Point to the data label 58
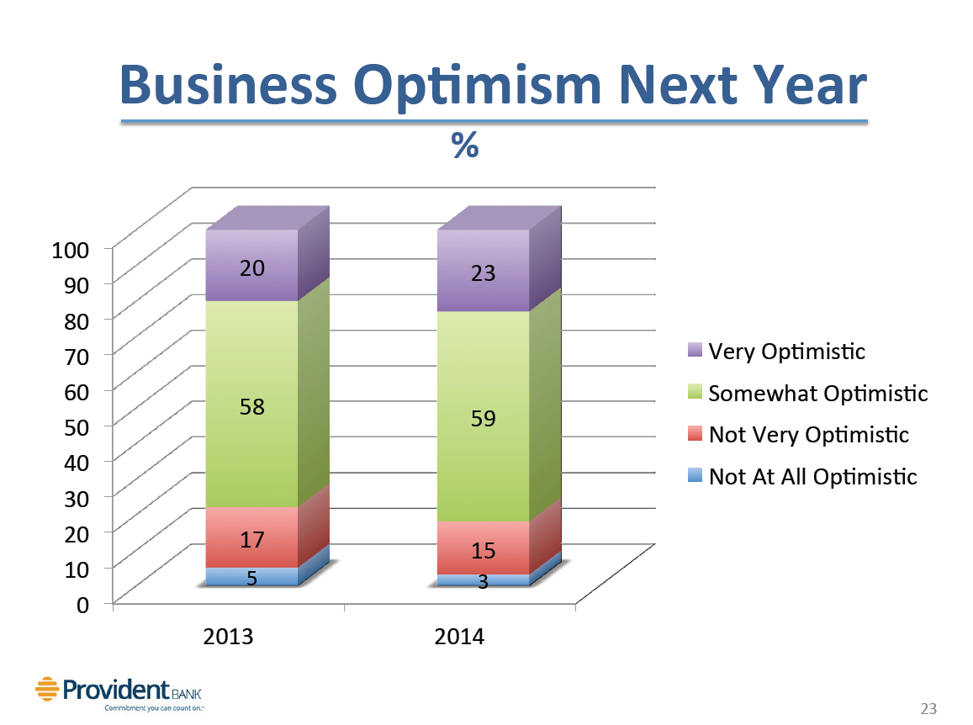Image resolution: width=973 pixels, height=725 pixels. click(x=252, y=408)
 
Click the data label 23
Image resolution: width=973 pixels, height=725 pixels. click(x=483, y=273)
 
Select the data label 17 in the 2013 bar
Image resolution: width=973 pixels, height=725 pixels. click(x=252, y=540)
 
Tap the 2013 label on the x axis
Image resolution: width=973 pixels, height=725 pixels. click(x=229, y=637)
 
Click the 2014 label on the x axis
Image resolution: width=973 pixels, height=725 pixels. click(x=459, y=637)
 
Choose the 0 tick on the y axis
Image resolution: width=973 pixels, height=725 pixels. click(x=84, y=604)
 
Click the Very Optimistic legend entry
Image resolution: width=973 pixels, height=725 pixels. click(x=786, y=351)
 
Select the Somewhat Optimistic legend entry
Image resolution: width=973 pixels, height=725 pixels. click(x=817, y=394)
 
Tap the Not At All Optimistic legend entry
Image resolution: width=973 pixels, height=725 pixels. click(x=812, y=478)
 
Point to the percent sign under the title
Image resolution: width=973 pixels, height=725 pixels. click(x=465, y=146)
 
